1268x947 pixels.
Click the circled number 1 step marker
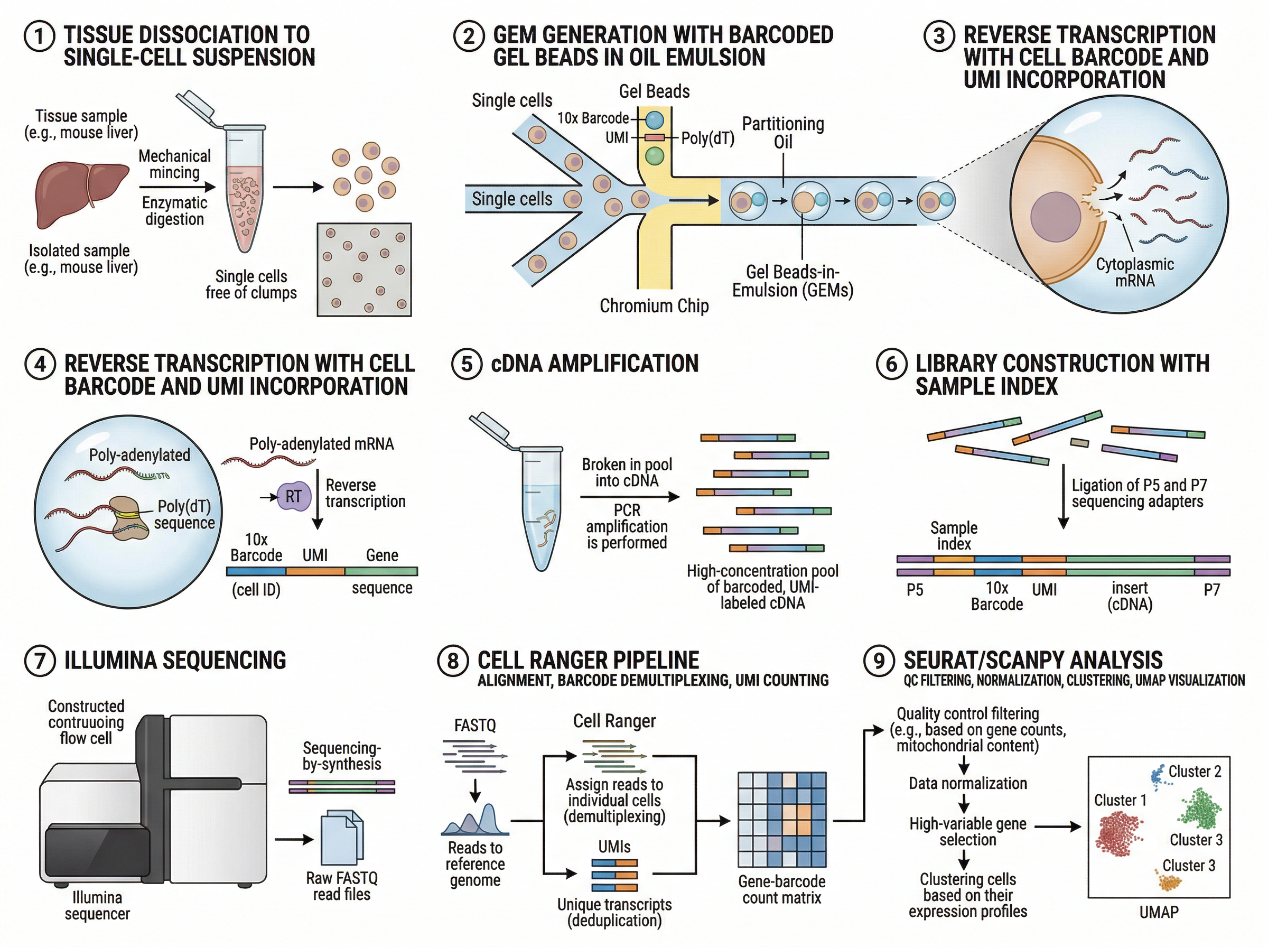click(39, 36)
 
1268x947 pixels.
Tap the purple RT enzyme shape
click(293, 496)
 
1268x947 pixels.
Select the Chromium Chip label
click(654, 306)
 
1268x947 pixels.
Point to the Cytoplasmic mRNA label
click(1134, 272)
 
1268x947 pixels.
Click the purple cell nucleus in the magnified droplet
click(1056, 216)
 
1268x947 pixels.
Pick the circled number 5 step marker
click(467, 365)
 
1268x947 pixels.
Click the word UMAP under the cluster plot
click(1159, 912)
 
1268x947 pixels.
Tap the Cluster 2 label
click(1195, 772)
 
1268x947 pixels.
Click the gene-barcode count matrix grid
click(782, 820)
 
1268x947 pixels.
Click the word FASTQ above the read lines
click(475, 725)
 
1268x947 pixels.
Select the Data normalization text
click(968, 784)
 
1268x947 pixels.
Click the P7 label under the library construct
click(1212, 589)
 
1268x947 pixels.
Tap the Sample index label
click(954, 535)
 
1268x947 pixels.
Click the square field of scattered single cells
click(364, 270)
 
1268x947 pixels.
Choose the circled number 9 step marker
click(879, 661)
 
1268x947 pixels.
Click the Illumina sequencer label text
click(97, 905)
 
